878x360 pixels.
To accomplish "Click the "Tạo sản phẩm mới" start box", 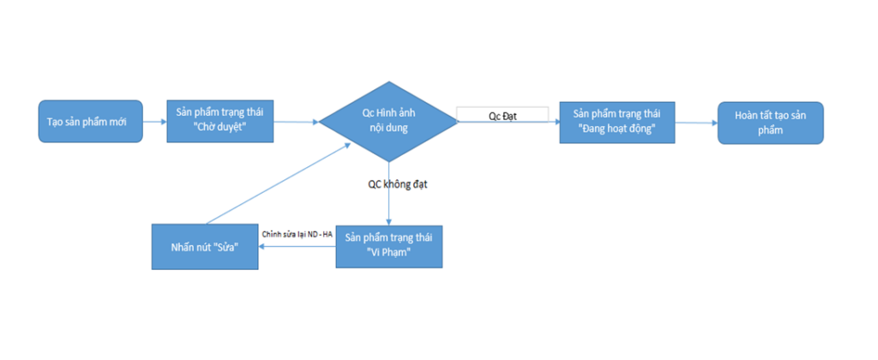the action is pos(90,121).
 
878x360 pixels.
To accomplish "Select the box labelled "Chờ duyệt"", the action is pos(220,121).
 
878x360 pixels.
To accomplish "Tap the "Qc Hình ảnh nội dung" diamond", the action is pos(388,121).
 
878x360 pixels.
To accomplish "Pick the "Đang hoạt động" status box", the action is pos(617,122).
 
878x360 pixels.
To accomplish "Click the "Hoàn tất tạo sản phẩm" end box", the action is pos(771,123).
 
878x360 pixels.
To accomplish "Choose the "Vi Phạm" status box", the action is pos(389,246).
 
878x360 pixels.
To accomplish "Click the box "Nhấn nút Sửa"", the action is pos(205,247).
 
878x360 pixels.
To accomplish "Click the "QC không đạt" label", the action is pos(397,184).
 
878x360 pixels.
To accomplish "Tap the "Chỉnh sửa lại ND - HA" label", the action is pos(298,234).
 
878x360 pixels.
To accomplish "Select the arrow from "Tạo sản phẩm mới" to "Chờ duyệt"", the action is pos(155,121).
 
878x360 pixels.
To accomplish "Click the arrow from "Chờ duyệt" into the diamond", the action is pos(296,121).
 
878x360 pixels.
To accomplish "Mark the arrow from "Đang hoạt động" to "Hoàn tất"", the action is pos(696,123).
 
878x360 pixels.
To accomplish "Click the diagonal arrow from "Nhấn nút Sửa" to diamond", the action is pos(279,183).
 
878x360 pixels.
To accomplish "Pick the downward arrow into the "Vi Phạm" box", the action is pos(388,193).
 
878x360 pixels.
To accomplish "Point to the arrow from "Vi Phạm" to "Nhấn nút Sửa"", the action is pos(298,247).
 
